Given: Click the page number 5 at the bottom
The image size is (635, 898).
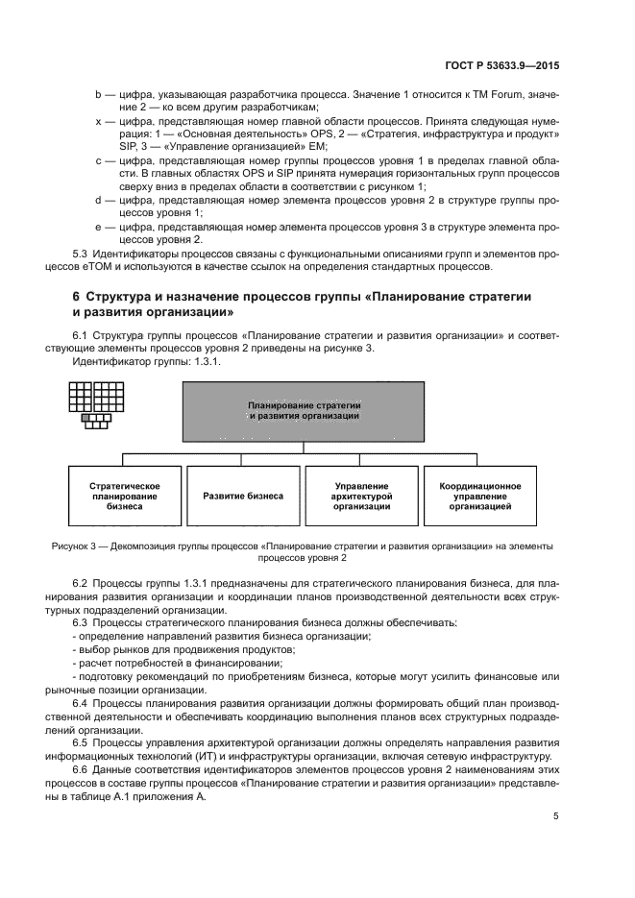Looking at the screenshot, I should point(555,817).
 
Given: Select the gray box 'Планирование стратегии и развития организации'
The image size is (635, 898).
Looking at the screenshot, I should point(304,411).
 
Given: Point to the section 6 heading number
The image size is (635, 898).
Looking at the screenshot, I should point(78,297).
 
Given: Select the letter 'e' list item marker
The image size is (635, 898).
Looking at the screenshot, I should point(98,227).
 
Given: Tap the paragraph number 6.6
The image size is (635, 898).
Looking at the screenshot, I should point(82,769).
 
